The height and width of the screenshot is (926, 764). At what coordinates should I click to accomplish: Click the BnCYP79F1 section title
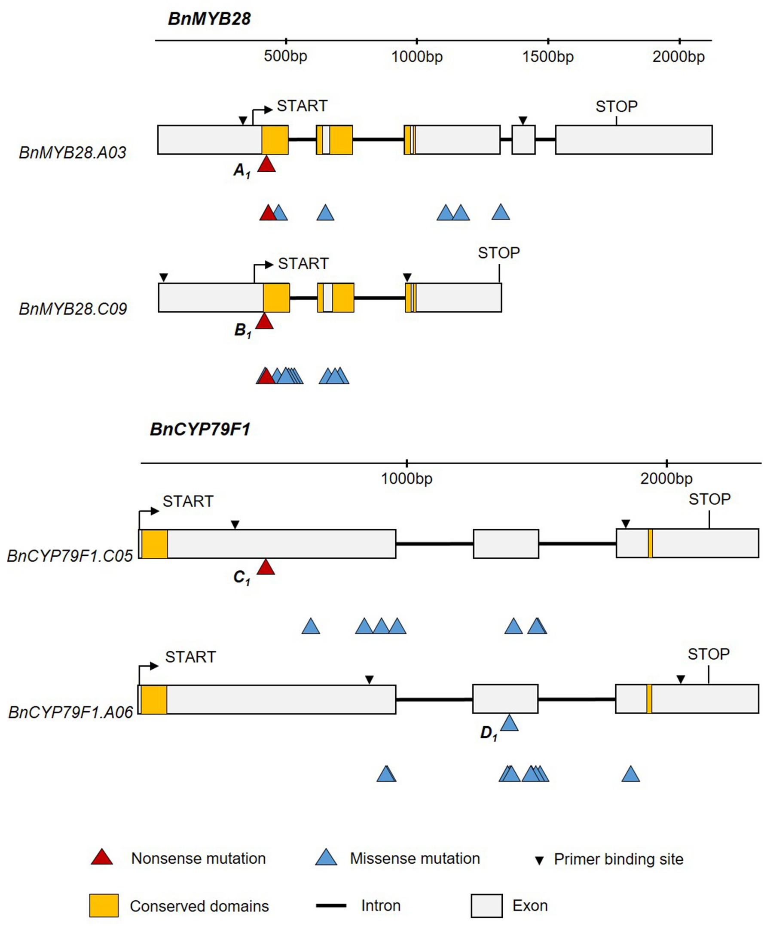pos(200,429)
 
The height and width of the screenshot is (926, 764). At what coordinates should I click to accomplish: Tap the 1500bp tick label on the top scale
pos(547,57)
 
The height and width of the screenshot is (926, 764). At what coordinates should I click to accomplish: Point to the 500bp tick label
pos(285,56)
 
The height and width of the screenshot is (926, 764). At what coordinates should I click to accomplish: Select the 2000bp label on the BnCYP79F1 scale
pos(666,478)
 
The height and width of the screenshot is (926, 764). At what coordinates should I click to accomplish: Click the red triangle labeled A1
pos(266,165)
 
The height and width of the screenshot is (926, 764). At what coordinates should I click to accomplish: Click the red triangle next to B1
pos(265,322)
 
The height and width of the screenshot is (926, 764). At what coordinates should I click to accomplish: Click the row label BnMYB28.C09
pos(73,309)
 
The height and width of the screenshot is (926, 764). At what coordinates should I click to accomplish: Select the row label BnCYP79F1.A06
pos(70,712)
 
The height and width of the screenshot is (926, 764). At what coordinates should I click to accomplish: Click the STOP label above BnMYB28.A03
pos(616,107)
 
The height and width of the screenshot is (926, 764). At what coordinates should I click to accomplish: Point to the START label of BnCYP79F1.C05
pos(188,501)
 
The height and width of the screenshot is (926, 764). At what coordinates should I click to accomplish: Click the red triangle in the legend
pos(102,858)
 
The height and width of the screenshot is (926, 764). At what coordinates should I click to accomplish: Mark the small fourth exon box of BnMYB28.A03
pos(523,140)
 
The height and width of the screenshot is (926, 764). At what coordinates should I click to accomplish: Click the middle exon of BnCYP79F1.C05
pos(506,544)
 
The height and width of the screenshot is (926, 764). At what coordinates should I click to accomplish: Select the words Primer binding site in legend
pos(618,859)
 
